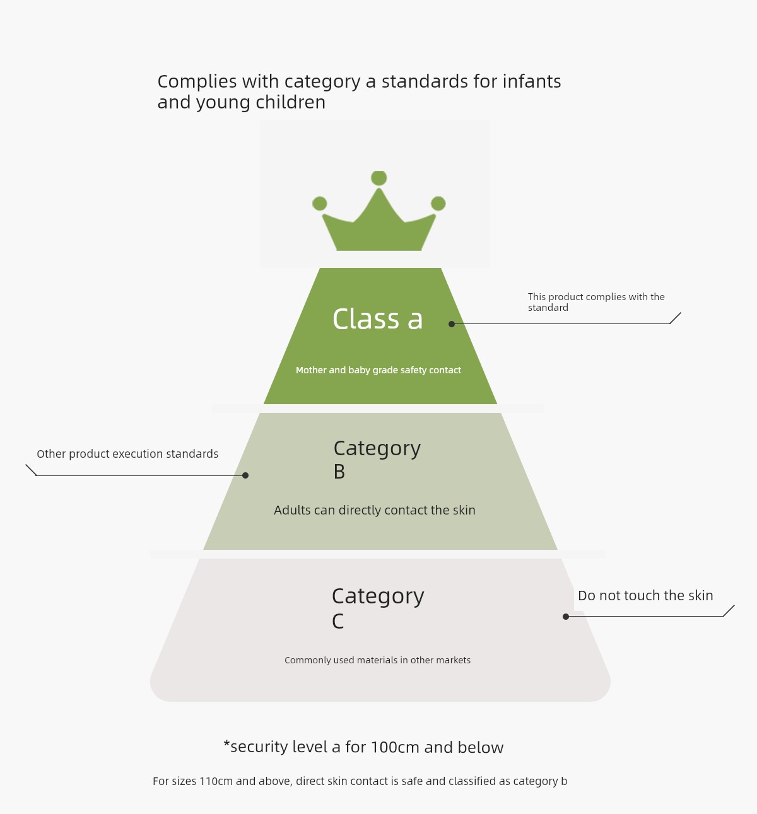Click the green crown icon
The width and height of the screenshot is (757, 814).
point(378,211)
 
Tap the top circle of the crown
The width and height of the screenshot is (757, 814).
point(378,178)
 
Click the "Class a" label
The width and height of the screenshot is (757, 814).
point(377,319)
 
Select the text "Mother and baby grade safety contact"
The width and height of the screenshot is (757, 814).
point(378,370)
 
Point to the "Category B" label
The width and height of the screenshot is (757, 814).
point(377,460)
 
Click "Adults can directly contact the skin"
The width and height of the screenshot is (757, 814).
point(374,510)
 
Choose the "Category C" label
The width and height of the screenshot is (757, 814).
point(378,608)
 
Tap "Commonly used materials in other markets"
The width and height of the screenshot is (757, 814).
point(377,660)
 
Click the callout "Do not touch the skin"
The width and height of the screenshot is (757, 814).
point(645,596)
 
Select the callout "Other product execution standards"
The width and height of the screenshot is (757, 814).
point(127,454)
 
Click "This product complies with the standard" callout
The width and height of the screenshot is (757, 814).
point(596,302)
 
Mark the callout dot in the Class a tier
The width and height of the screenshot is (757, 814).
point(452,324)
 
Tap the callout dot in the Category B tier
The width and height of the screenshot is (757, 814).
point(245,475)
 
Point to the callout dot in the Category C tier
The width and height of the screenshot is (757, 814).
point(565,617)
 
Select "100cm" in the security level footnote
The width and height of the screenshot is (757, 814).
point(394,747)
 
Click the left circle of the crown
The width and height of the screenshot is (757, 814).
point(319,203)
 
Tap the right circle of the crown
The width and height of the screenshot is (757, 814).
point(438,203)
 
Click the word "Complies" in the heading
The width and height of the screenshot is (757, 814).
point(197,82)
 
